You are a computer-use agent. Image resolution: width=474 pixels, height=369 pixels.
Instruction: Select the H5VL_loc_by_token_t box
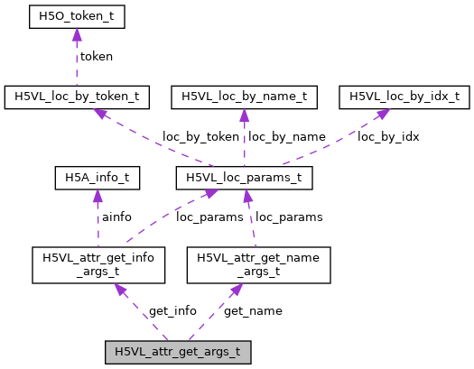[x=76, y=95]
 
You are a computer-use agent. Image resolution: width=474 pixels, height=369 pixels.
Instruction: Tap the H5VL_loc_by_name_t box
[x=245, y=95]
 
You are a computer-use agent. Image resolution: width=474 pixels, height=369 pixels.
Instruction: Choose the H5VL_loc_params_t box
[x=244, y=178]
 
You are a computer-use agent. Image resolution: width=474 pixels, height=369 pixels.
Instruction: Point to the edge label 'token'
[x=97, y=56]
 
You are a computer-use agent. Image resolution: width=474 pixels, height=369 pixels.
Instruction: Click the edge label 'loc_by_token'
[x=200, y=137]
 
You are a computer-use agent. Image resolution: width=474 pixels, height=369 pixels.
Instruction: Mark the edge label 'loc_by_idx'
[x=389, y=137]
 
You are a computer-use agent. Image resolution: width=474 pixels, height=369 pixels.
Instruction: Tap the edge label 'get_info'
[x=172, y=310]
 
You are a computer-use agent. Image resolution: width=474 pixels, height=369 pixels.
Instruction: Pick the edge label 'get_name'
[x=253, y=310]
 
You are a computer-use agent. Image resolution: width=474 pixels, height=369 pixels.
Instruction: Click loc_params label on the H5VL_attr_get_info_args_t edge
[x=205, y=217]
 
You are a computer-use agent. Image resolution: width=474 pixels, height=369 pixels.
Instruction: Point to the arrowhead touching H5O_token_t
[x=76, y=34]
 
